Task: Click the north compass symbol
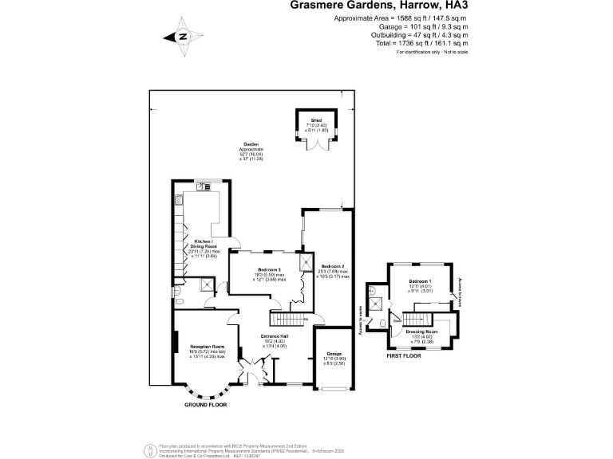[183, 37]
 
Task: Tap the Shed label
[316, 122]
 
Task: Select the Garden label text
[251, 145]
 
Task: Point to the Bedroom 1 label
[420, 282]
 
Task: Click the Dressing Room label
[421, 331]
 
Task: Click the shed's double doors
[316, 145]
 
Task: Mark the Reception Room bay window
[207, 394]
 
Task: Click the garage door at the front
[333, 389]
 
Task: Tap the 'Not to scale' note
[451, 52]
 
